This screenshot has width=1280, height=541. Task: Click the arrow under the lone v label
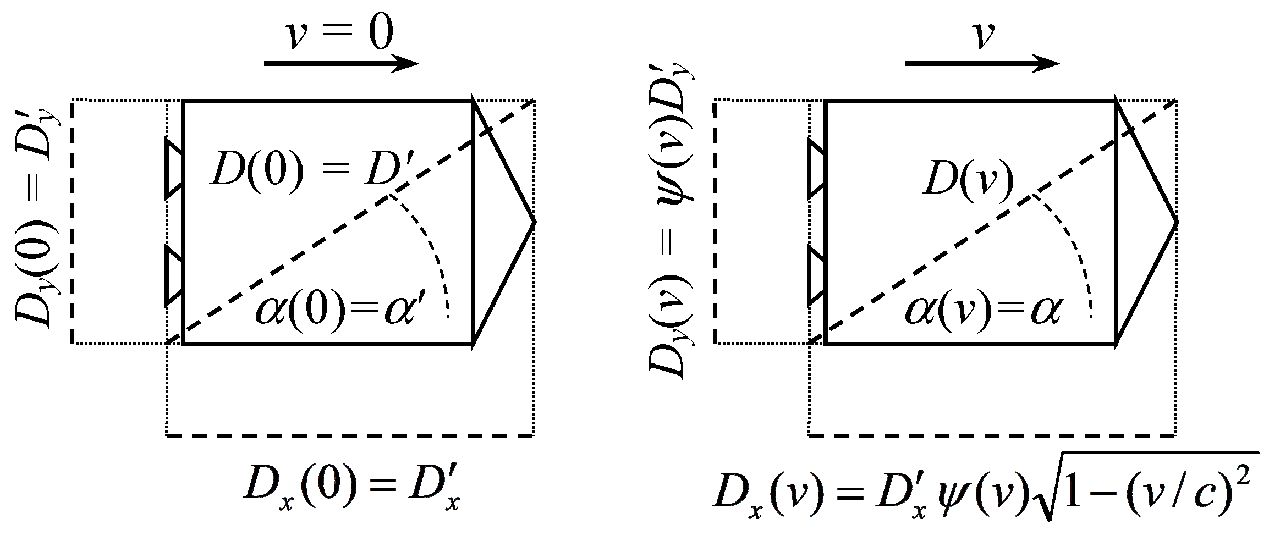[x=982, y=64]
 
